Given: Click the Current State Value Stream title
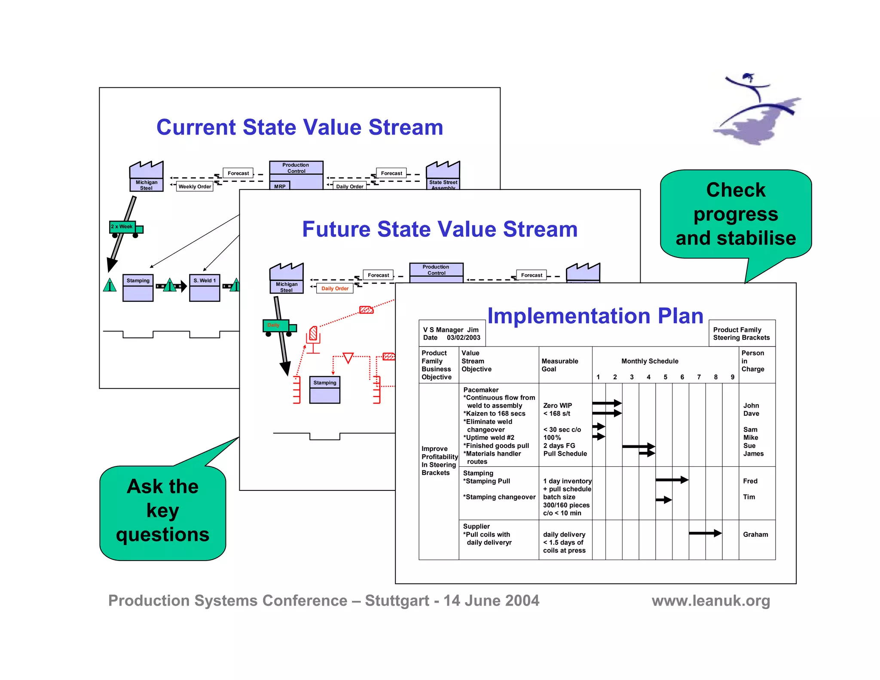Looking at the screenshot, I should click(299, 127).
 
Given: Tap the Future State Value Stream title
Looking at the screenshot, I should click(440, 229).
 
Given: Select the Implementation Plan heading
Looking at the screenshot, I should click(595, 316).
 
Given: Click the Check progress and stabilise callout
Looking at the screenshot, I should click(736, 214).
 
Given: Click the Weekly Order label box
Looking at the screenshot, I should click(195, 187).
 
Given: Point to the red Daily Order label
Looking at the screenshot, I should click(335, 288).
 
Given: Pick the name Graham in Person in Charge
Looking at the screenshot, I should click(755, 534).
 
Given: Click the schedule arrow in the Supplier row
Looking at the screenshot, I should click(705, 533).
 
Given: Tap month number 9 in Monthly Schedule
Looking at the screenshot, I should click(732, 377).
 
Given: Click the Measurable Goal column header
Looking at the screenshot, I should click(559, 365).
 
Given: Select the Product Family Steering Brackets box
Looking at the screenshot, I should click(741, 334).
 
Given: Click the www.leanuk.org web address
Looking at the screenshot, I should click(711, 600).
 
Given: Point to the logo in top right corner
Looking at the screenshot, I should click(756, 110).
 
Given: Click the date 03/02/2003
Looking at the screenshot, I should click(463, 338).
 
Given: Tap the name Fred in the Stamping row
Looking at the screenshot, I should click(750, 481).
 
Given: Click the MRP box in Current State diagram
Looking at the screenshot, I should click(280, 186).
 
